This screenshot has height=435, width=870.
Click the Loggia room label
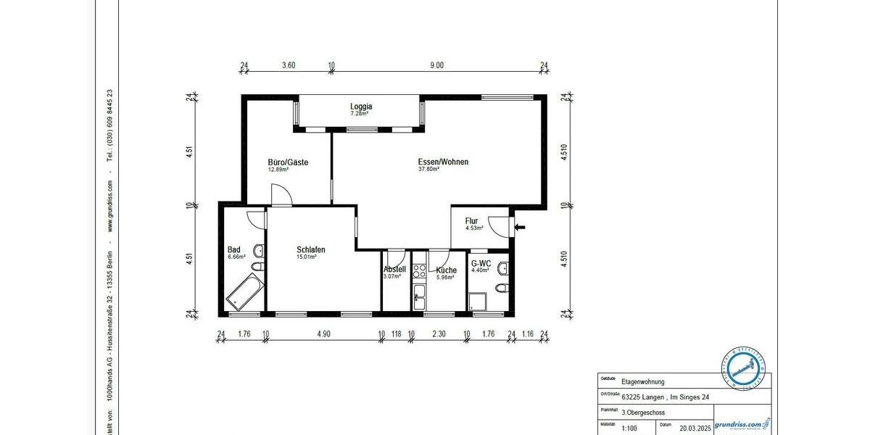[x=361, y=106]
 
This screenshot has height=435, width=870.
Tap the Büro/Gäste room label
[x=288, y=162]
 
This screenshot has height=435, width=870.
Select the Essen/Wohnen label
[x=443, y=162]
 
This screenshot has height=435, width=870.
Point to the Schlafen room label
[x=310, y=250]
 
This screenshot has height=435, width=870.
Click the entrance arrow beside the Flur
[x=520, y=228]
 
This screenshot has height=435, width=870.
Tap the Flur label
[x=472, y=221]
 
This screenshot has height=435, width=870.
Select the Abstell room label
[x=394, y=270]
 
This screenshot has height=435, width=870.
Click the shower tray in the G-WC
[x=478, y=301]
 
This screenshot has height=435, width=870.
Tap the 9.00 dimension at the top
[x=436, y=65]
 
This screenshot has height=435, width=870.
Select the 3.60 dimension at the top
[x=288, y=65]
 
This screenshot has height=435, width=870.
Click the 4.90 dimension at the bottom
[x=323, y=334]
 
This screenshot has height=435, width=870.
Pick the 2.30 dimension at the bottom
[x=439, y=334]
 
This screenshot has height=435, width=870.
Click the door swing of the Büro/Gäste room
[x=281, y=195]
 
